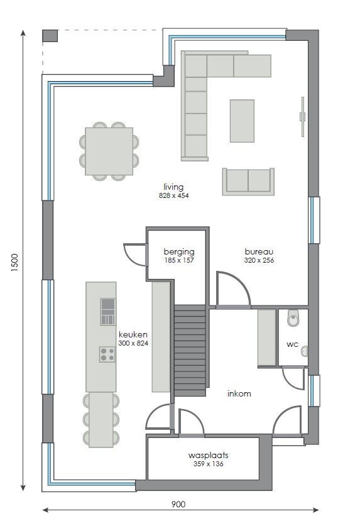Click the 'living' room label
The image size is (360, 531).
173,187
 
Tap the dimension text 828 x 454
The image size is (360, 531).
173,195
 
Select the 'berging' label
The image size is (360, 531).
178,251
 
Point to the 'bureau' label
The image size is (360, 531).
259,251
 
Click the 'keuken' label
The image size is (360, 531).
133,335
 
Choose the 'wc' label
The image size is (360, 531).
292,344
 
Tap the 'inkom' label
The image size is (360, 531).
239,394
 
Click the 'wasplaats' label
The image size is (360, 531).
208,455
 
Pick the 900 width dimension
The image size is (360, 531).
178,504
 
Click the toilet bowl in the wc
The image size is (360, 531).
293,319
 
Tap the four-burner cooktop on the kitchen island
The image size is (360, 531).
107,354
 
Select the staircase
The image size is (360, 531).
190,350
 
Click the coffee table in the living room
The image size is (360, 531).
242,121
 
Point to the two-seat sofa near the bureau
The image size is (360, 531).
248,181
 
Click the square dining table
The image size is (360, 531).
109,151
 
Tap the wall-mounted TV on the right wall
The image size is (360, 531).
302,116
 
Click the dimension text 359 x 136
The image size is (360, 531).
208,464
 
